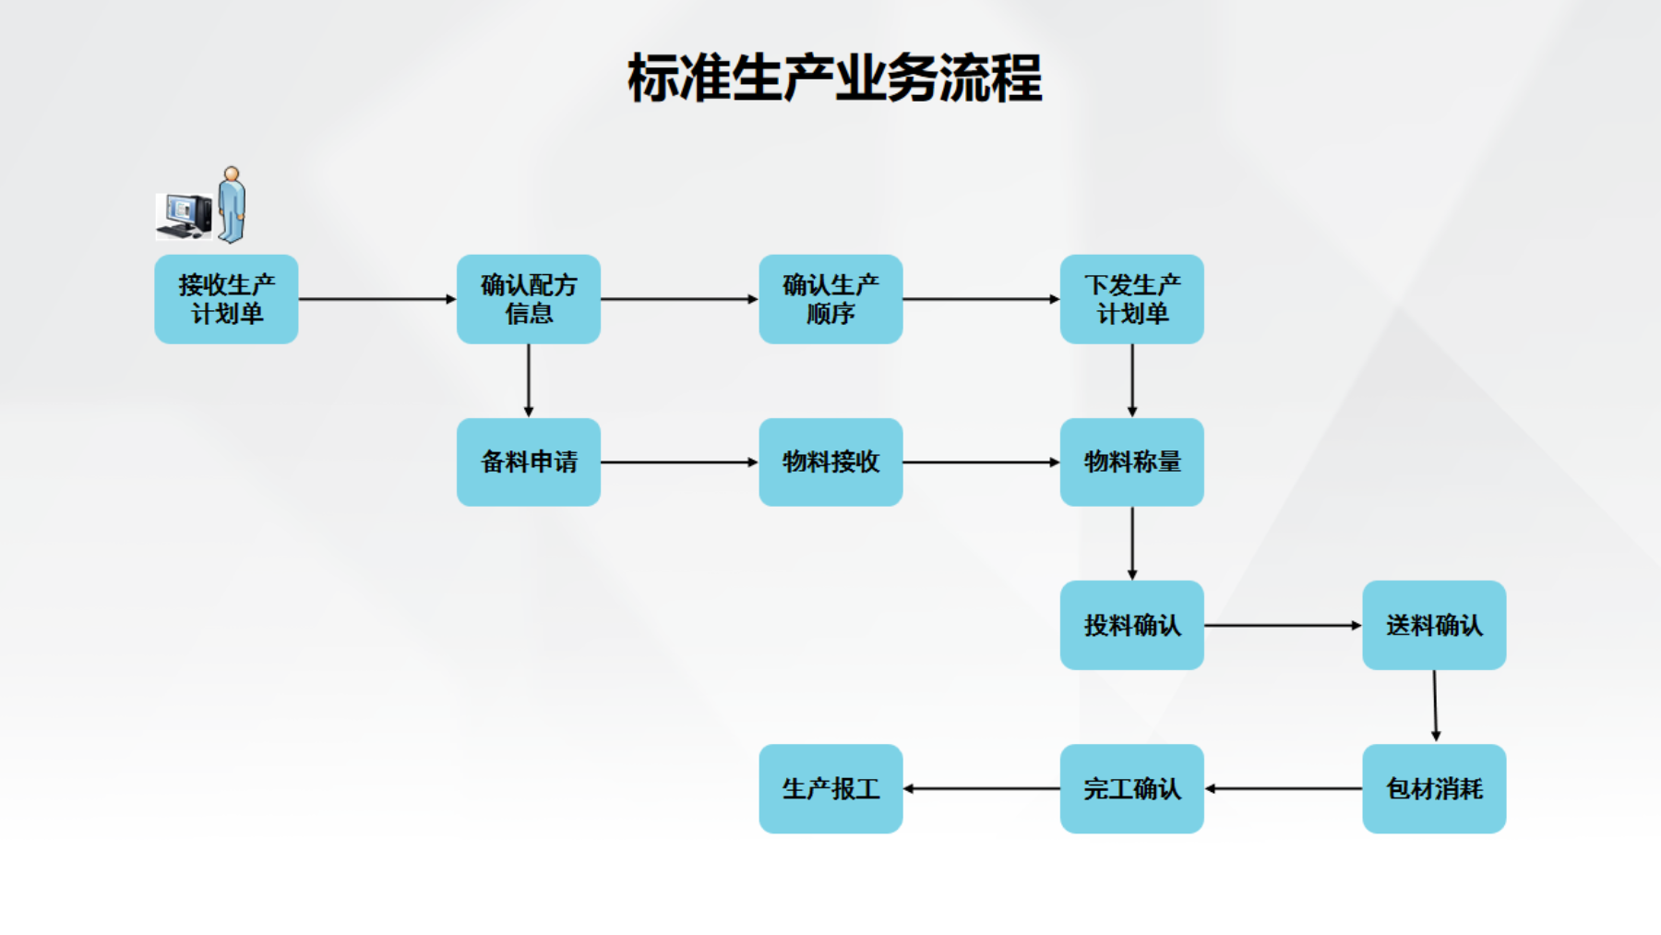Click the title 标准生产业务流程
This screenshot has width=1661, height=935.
click(834, 78)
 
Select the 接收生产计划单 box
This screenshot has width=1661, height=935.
click(226, 299)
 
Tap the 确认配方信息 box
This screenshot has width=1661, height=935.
click(528, 299)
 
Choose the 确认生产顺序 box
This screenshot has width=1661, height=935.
click(830, 299)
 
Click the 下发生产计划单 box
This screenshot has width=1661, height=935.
click(1131, 299)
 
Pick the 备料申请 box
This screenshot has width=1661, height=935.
click(528, 462)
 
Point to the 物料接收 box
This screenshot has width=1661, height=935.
click(830, 462)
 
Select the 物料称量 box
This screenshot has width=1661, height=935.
click(1131, 462)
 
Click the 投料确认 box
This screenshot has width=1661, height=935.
click(1131, 625)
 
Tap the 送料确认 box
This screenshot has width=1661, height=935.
click(1434, 625)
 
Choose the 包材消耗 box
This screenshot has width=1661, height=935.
click(1434, 788)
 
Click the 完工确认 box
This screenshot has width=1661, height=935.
click(1131, 788)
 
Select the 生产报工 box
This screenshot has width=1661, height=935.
click(830, 788)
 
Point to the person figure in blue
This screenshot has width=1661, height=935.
click(232, 205)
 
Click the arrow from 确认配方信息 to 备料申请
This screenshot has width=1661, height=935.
click(529, 380)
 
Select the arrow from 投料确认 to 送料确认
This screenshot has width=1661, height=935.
click(1283, 625)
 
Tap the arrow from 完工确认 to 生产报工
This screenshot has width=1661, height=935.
click(981, 788)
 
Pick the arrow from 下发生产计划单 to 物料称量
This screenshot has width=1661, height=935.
click(1132, 380)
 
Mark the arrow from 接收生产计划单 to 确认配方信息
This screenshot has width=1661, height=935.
click(376, 299)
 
